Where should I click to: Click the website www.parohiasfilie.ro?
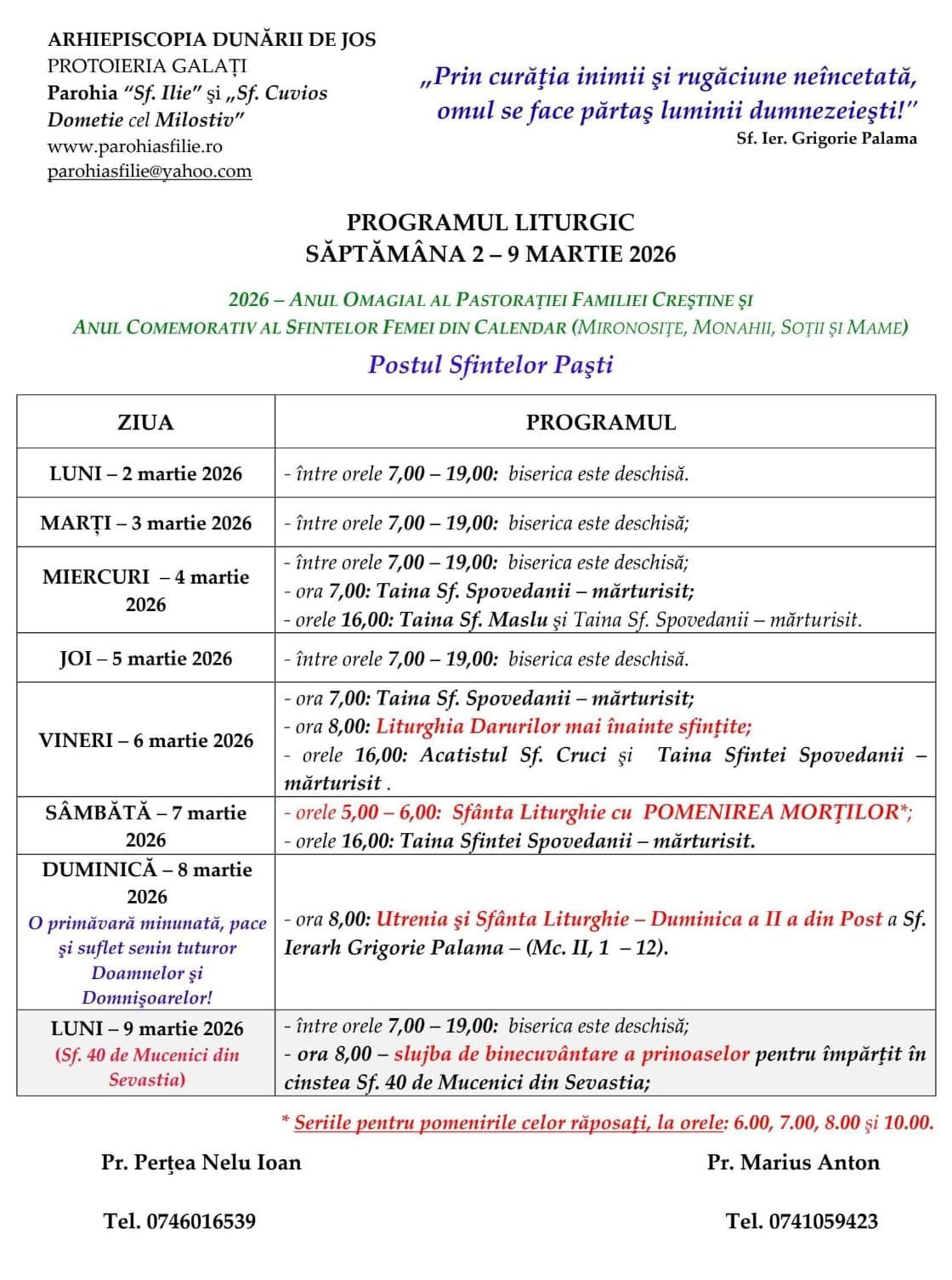(x=134, y=146)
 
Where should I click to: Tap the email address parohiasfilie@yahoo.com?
(x=150, y=171)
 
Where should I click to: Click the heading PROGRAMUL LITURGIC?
(x=490, y=223)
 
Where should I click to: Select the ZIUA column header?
(x=145, y=422)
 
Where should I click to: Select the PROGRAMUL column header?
(x=601, y=422)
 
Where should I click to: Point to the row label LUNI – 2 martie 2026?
(x=145, y=473)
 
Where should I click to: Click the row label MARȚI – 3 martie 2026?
(x=145, y=523)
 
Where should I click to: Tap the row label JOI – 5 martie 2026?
(x=145, y=659)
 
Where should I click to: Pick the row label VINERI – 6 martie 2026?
(x=145, y=740)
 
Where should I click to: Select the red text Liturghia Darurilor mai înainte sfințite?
(x=563, y=727)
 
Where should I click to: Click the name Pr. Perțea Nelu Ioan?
(x=201, y=1163)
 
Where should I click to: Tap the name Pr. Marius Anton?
(x=793, y=1163)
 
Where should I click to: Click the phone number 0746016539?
(x=201, y=1221)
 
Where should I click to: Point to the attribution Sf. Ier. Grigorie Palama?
(x=826, y=139)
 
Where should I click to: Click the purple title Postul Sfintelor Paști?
(x=490, y=365)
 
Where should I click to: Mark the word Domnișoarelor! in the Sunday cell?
(x=147, y=998)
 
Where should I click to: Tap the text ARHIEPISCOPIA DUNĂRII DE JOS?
(x=212, y=39)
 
